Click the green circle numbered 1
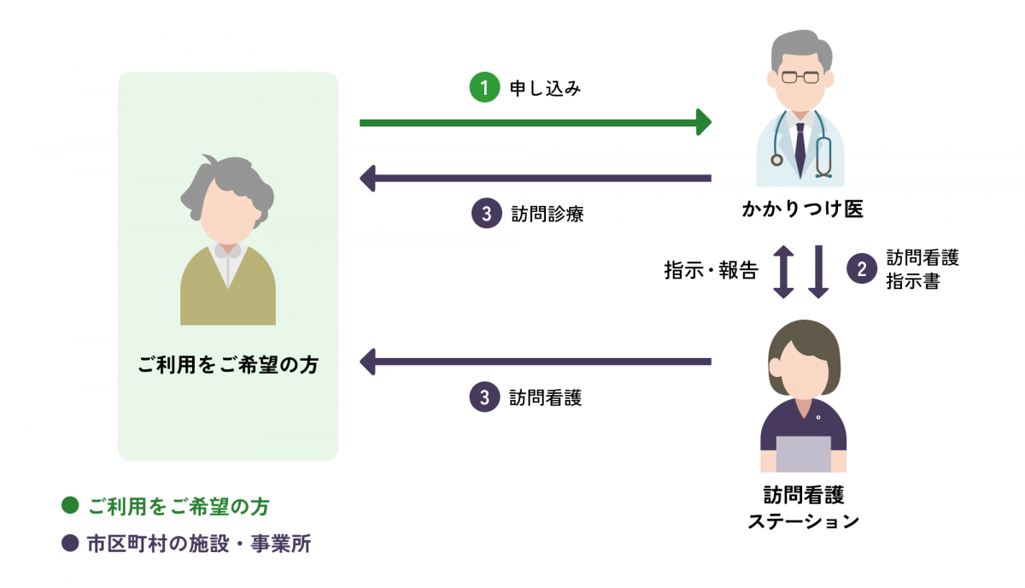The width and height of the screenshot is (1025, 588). point(483,88)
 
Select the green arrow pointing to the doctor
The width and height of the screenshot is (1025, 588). point(535,123)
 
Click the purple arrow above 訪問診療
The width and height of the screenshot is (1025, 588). point(535,179)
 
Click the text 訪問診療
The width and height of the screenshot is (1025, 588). point(546,214)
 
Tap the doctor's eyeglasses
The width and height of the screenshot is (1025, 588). point(800,78)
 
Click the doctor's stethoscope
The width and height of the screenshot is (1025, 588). point(823,154)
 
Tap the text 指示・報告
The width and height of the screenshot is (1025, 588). point(711,271)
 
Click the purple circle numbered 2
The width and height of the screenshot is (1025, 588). point(861,269)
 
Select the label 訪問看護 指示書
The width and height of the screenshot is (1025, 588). point(922,269)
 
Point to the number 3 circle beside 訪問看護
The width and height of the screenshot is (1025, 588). point(484,397)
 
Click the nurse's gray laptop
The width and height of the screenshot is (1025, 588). point(803,454)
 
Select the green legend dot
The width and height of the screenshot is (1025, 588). point(70,506)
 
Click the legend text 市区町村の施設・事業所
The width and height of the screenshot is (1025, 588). point(198,544)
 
